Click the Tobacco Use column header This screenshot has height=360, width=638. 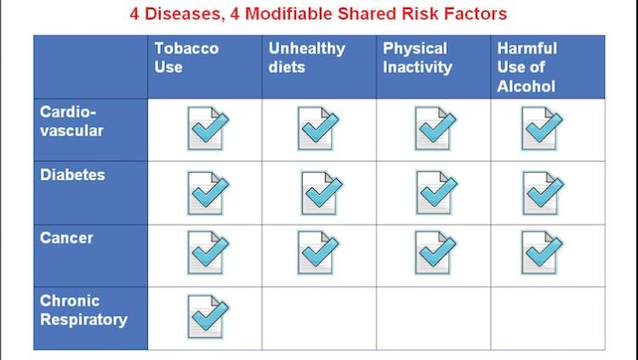click(x=186, y=58)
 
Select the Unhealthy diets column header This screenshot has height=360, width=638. click(x=307, y=58)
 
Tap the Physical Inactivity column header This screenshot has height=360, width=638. click(x=418, y=58)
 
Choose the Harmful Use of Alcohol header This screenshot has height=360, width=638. click(x=527, y=67)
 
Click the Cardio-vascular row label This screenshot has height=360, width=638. click(x=71, y=122)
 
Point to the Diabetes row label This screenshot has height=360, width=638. click(x=72, y=174)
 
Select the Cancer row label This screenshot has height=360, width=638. click(x=66, y=237)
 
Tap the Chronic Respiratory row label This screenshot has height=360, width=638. click(x=83, y=311)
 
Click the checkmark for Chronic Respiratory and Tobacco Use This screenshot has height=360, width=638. click(x=208, y=317)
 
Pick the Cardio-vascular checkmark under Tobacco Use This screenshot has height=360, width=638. click(x=208, y=129)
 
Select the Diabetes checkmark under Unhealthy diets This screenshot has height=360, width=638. click(x=322, y=193)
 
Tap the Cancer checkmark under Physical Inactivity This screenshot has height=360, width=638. click(x=436, y=253)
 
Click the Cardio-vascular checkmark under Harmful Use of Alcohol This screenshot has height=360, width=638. click(x=542, y=129)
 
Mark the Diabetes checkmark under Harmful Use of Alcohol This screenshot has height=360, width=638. click(x=543, y=193)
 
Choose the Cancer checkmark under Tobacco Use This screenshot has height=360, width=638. click(x=208, y=253)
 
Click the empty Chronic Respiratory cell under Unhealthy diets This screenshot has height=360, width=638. click(x=319, y=318)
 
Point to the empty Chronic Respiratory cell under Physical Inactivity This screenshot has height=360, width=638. click(x=433, y=318)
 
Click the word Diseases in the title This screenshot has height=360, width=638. click(x=183, y=14)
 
